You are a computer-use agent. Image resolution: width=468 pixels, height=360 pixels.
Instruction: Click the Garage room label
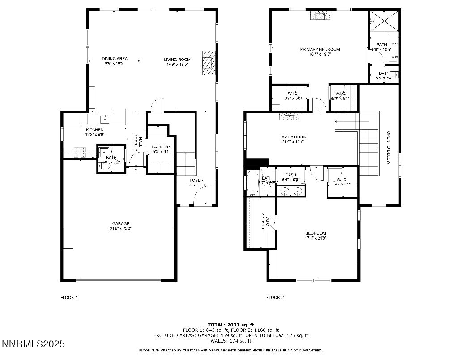pyautogui.click(x=121, y=223)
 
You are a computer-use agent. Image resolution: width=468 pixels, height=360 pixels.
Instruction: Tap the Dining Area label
pyautogui.click(x=115, y=59)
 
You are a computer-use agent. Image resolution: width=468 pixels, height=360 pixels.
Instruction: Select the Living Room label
pyautogui.click(x=177, y=59)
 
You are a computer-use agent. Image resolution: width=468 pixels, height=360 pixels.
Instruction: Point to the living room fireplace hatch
pyautogui.click(x=208, y=62)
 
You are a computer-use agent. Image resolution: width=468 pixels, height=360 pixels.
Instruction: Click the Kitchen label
pyautogui.click(x=95, y=130)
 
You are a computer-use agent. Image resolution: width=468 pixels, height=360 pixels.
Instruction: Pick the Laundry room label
pyautogui.click(x=161, y=147)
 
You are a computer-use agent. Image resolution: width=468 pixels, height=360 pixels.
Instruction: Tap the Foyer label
pyautogui.click(x=196, y=180)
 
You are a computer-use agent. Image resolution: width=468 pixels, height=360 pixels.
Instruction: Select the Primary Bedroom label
pyautogui.click(x=319, y=49)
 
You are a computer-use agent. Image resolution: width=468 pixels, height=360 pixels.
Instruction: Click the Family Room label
pyautogui.click(x=293, y=137)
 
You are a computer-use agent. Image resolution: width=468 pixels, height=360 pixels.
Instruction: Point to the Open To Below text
pyautogui.click(x=389, y=148)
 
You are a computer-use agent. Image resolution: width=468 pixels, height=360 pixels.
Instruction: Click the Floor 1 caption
pyautogui.click(x=69, y=297)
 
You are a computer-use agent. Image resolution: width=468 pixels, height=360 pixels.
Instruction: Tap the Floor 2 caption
pyautogui.click(x=275, y=297)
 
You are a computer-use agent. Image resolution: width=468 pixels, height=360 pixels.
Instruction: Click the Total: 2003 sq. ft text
pyautogui.click(x=230, y=324)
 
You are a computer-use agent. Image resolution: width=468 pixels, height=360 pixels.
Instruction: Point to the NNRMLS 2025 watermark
pyautogui.click(x=34, y=344)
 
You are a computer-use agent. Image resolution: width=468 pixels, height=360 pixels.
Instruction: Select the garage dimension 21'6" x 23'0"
pyautogui.click(x=121, y=229)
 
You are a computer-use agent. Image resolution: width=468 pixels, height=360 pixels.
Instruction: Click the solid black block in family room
pyautogui.click(x=257, y=162)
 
